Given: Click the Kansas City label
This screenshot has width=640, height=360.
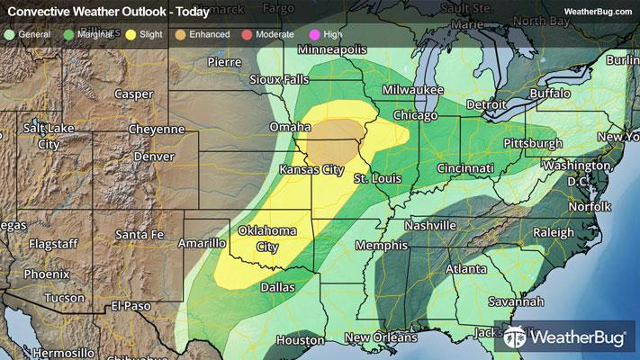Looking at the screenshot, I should [312, 170].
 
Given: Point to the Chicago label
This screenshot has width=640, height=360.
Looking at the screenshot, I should [415, 116].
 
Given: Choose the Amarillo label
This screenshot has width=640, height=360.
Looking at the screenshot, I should [202, 243].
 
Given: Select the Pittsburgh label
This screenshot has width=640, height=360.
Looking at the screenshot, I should [532, 143].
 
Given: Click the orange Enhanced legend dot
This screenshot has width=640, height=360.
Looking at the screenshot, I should [183, 33].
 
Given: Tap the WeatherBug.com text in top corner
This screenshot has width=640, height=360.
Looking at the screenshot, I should [598, 11].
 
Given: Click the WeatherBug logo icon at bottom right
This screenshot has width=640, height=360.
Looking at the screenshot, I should [516, 339].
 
